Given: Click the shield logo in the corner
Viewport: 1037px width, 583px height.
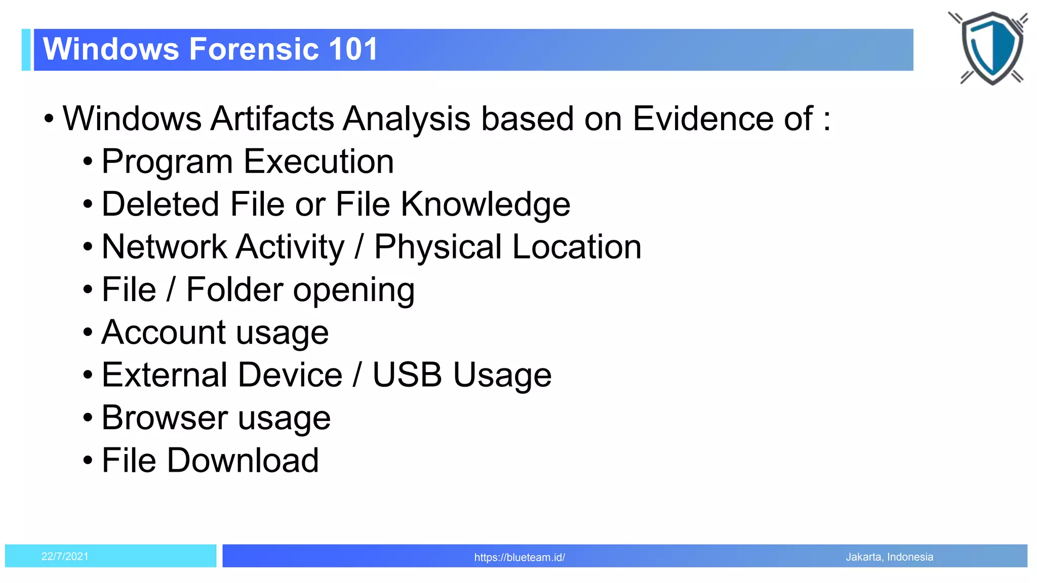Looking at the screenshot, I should [x=991, y=48].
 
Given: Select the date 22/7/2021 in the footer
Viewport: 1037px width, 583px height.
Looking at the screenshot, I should [x=65, y=557].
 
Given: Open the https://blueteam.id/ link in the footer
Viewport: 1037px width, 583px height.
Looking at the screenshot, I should [x=520, y=558].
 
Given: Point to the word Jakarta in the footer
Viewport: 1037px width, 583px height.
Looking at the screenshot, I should [x=863, y=557].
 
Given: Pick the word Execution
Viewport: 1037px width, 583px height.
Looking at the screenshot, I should [x=318, y=161].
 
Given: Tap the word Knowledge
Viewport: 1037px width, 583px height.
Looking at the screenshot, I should [x=485, y=204].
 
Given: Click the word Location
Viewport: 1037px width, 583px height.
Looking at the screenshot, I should [x=577, y=247].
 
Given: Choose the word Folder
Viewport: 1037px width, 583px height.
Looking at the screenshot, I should [x=234, y=289].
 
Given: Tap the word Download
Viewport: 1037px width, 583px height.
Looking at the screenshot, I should [x=243, y=461].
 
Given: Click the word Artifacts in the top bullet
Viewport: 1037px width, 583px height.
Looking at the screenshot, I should [x=272, y=118].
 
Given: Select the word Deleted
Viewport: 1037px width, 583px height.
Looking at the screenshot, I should [x=161, y=204].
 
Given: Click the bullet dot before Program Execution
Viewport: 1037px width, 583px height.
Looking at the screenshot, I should [x=88, y=162].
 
